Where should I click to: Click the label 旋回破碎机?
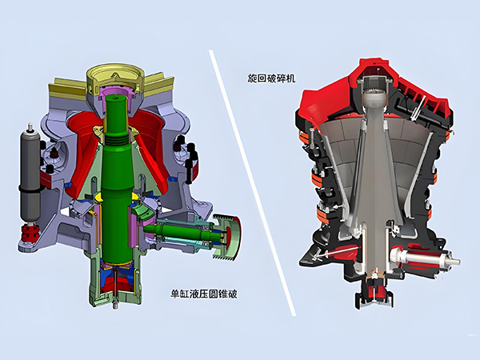point(271,78)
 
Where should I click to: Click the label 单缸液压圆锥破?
point(204,294)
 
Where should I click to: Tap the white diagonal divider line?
point(253,182)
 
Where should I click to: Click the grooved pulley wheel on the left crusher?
point(227,237)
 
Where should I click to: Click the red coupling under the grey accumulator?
point(30,233)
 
